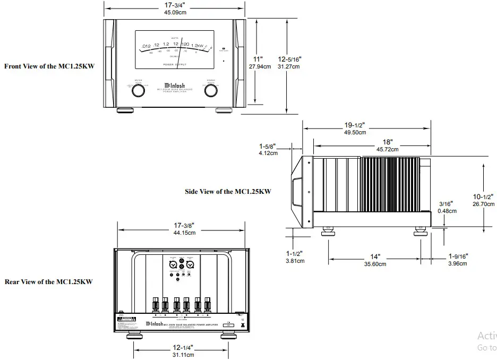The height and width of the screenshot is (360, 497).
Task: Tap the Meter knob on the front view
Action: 138,91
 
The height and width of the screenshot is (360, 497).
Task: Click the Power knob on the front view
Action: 211,91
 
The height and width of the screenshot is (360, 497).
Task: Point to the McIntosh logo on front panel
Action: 174,84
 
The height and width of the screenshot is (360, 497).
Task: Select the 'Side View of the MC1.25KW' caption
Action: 228,191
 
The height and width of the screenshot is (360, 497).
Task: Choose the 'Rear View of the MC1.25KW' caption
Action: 48,282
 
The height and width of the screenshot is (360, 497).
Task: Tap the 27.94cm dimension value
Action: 260,66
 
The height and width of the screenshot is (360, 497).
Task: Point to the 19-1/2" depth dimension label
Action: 355,125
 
